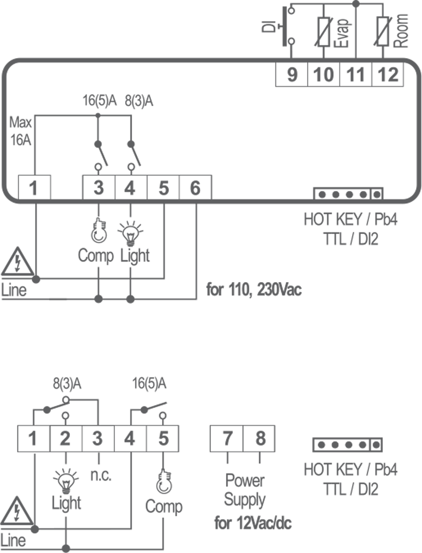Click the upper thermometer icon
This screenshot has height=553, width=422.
[99, 231]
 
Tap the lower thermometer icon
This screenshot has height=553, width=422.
[164, 482]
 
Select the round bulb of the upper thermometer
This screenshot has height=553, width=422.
[99, 235]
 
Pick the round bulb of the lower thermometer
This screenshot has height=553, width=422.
[164, 486]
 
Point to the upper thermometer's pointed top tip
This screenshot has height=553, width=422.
[98, 220]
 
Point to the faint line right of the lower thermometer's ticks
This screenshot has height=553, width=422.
[184, 474]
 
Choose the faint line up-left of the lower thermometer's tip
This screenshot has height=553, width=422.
[154, 469]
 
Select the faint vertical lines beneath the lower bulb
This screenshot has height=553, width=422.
[163, 495]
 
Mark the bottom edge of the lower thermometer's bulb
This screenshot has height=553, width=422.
[164, 492]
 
